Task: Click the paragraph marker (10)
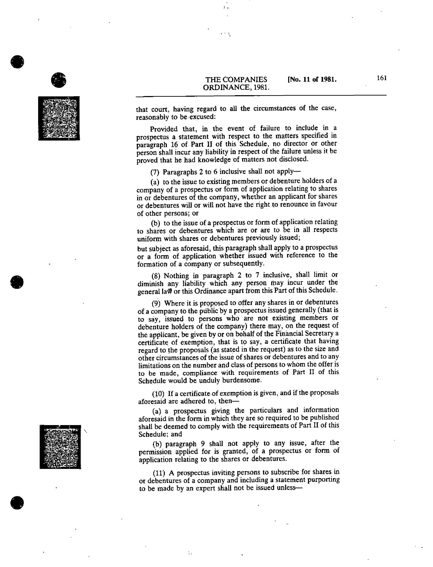point(158,394)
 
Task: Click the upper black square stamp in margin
point(59,118)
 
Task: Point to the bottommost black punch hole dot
point(17,503)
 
